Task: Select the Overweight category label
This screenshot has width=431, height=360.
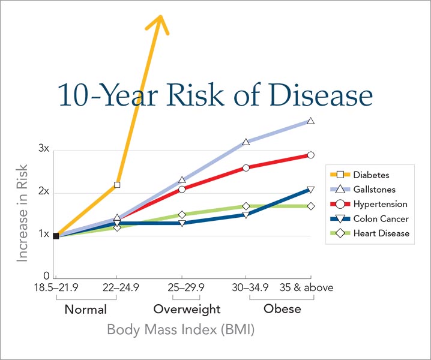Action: coord(187,310)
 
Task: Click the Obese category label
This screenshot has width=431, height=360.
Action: coord(282,310)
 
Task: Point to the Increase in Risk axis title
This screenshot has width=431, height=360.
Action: coord(23,212)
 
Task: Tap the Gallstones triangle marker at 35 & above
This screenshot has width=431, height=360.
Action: coord(310,121)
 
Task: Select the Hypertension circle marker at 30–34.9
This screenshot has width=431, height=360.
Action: coord(246,167)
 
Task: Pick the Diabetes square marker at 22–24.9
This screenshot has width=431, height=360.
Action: coord(117,185)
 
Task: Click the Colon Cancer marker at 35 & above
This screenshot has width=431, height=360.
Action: coord(310,190)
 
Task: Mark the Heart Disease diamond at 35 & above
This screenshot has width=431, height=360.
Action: coord(310,206)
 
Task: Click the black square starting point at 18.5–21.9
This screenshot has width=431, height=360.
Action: coord(56,236)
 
